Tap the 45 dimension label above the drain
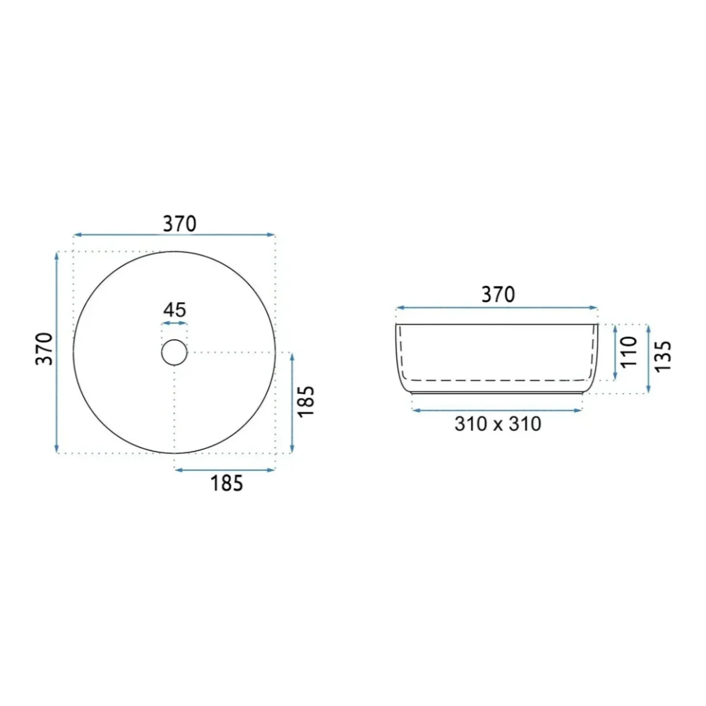point(174,310)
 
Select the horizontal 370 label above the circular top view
point(179,224)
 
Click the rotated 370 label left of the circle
point(44,349)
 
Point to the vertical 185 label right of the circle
point(306,402)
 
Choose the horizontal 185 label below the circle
point(227,483)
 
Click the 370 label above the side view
point(498,294)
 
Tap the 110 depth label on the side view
point(629,352)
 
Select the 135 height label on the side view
point(663,357)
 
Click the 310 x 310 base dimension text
point(498,424)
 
